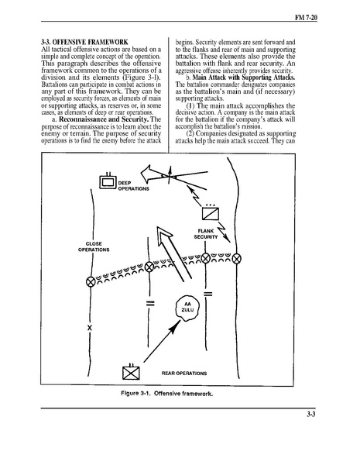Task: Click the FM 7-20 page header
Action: pyautogui.click(x=306, y=18)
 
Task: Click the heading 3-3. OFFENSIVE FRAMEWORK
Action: pyautogui.click(x=84, y=42)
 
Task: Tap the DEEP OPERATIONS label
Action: pyautogui.click(x=133, y=186)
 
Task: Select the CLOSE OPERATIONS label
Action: pyautogui.click(x=94, y=246)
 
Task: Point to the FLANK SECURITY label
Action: pyautogui.click(x=206, y=234)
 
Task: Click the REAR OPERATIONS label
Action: pyautogui.click(x=184, y=373)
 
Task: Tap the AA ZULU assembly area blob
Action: pyautogui.click(x=187, y=308)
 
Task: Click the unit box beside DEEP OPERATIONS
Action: pyautogui.click(x=108, y=181)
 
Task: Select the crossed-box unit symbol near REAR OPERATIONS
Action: pyautogui.click(x=131, y=372)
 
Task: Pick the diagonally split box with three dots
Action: pyautogui.click(x=211, y=212)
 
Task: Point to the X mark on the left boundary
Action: pyautogui.click(x=90, y=328)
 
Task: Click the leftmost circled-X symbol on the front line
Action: pyautogui.click(x=91, y=281)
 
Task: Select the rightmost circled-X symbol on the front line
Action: pyautogui.click(x=236, y=259)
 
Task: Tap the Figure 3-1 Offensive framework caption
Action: pyautogui.click(x=166, y=394)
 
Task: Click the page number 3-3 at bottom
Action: pyautogui.click(x=310, y=415)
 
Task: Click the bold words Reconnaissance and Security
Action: pyautogui.click(x=104, y=119)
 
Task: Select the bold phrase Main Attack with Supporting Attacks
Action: pyautogui.click(x=244, y=77)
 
